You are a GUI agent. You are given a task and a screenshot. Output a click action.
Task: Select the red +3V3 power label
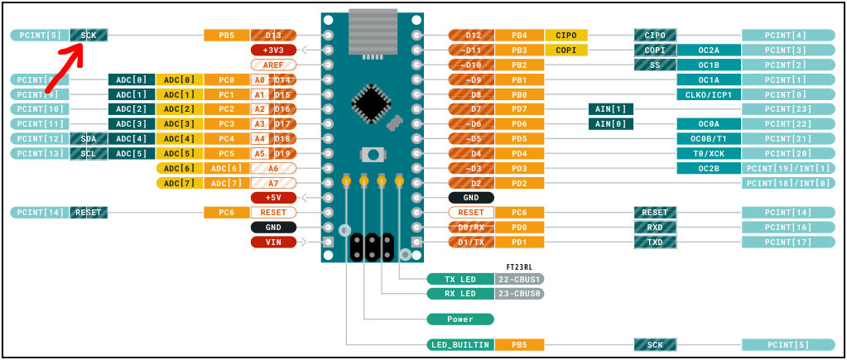(x=273, y=50)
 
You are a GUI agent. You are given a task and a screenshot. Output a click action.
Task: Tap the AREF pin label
(x=273, y=65)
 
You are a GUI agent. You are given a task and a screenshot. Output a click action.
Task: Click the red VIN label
(x=273, y=242)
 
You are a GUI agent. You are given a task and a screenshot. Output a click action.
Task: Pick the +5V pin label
(x=273, y=198)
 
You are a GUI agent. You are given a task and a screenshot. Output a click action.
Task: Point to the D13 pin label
(x=273, y=36)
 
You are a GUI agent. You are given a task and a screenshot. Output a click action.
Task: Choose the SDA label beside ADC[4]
(x=89, y=138)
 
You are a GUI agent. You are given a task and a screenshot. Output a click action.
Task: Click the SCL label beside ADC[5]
(x=89, y=153)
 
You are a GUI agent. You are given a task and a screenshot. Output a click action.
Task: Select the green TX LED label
(x=460, y=279)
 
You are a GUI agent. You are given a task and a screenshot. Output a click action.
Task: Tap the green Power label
(x=460, y=319)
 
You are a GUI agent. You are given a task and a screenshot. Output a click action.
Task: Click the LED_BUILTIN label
(x=460, y=344)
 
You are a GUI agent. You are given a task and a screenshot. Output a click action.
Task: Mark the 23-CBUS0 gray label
(x=520, y=294)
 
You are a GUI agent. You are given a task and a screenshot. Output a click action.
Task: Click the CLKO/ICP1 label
(x=709, y=94)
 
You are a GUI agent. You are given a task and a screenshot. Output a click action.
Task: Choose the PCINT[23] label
(x=787, y=109)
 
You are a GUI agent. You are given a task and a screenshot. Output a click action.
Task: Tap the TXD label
(x=656, y=242)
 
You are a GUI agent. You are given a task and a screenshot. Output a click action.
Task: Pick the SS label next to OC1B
(x=656, y=65)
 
